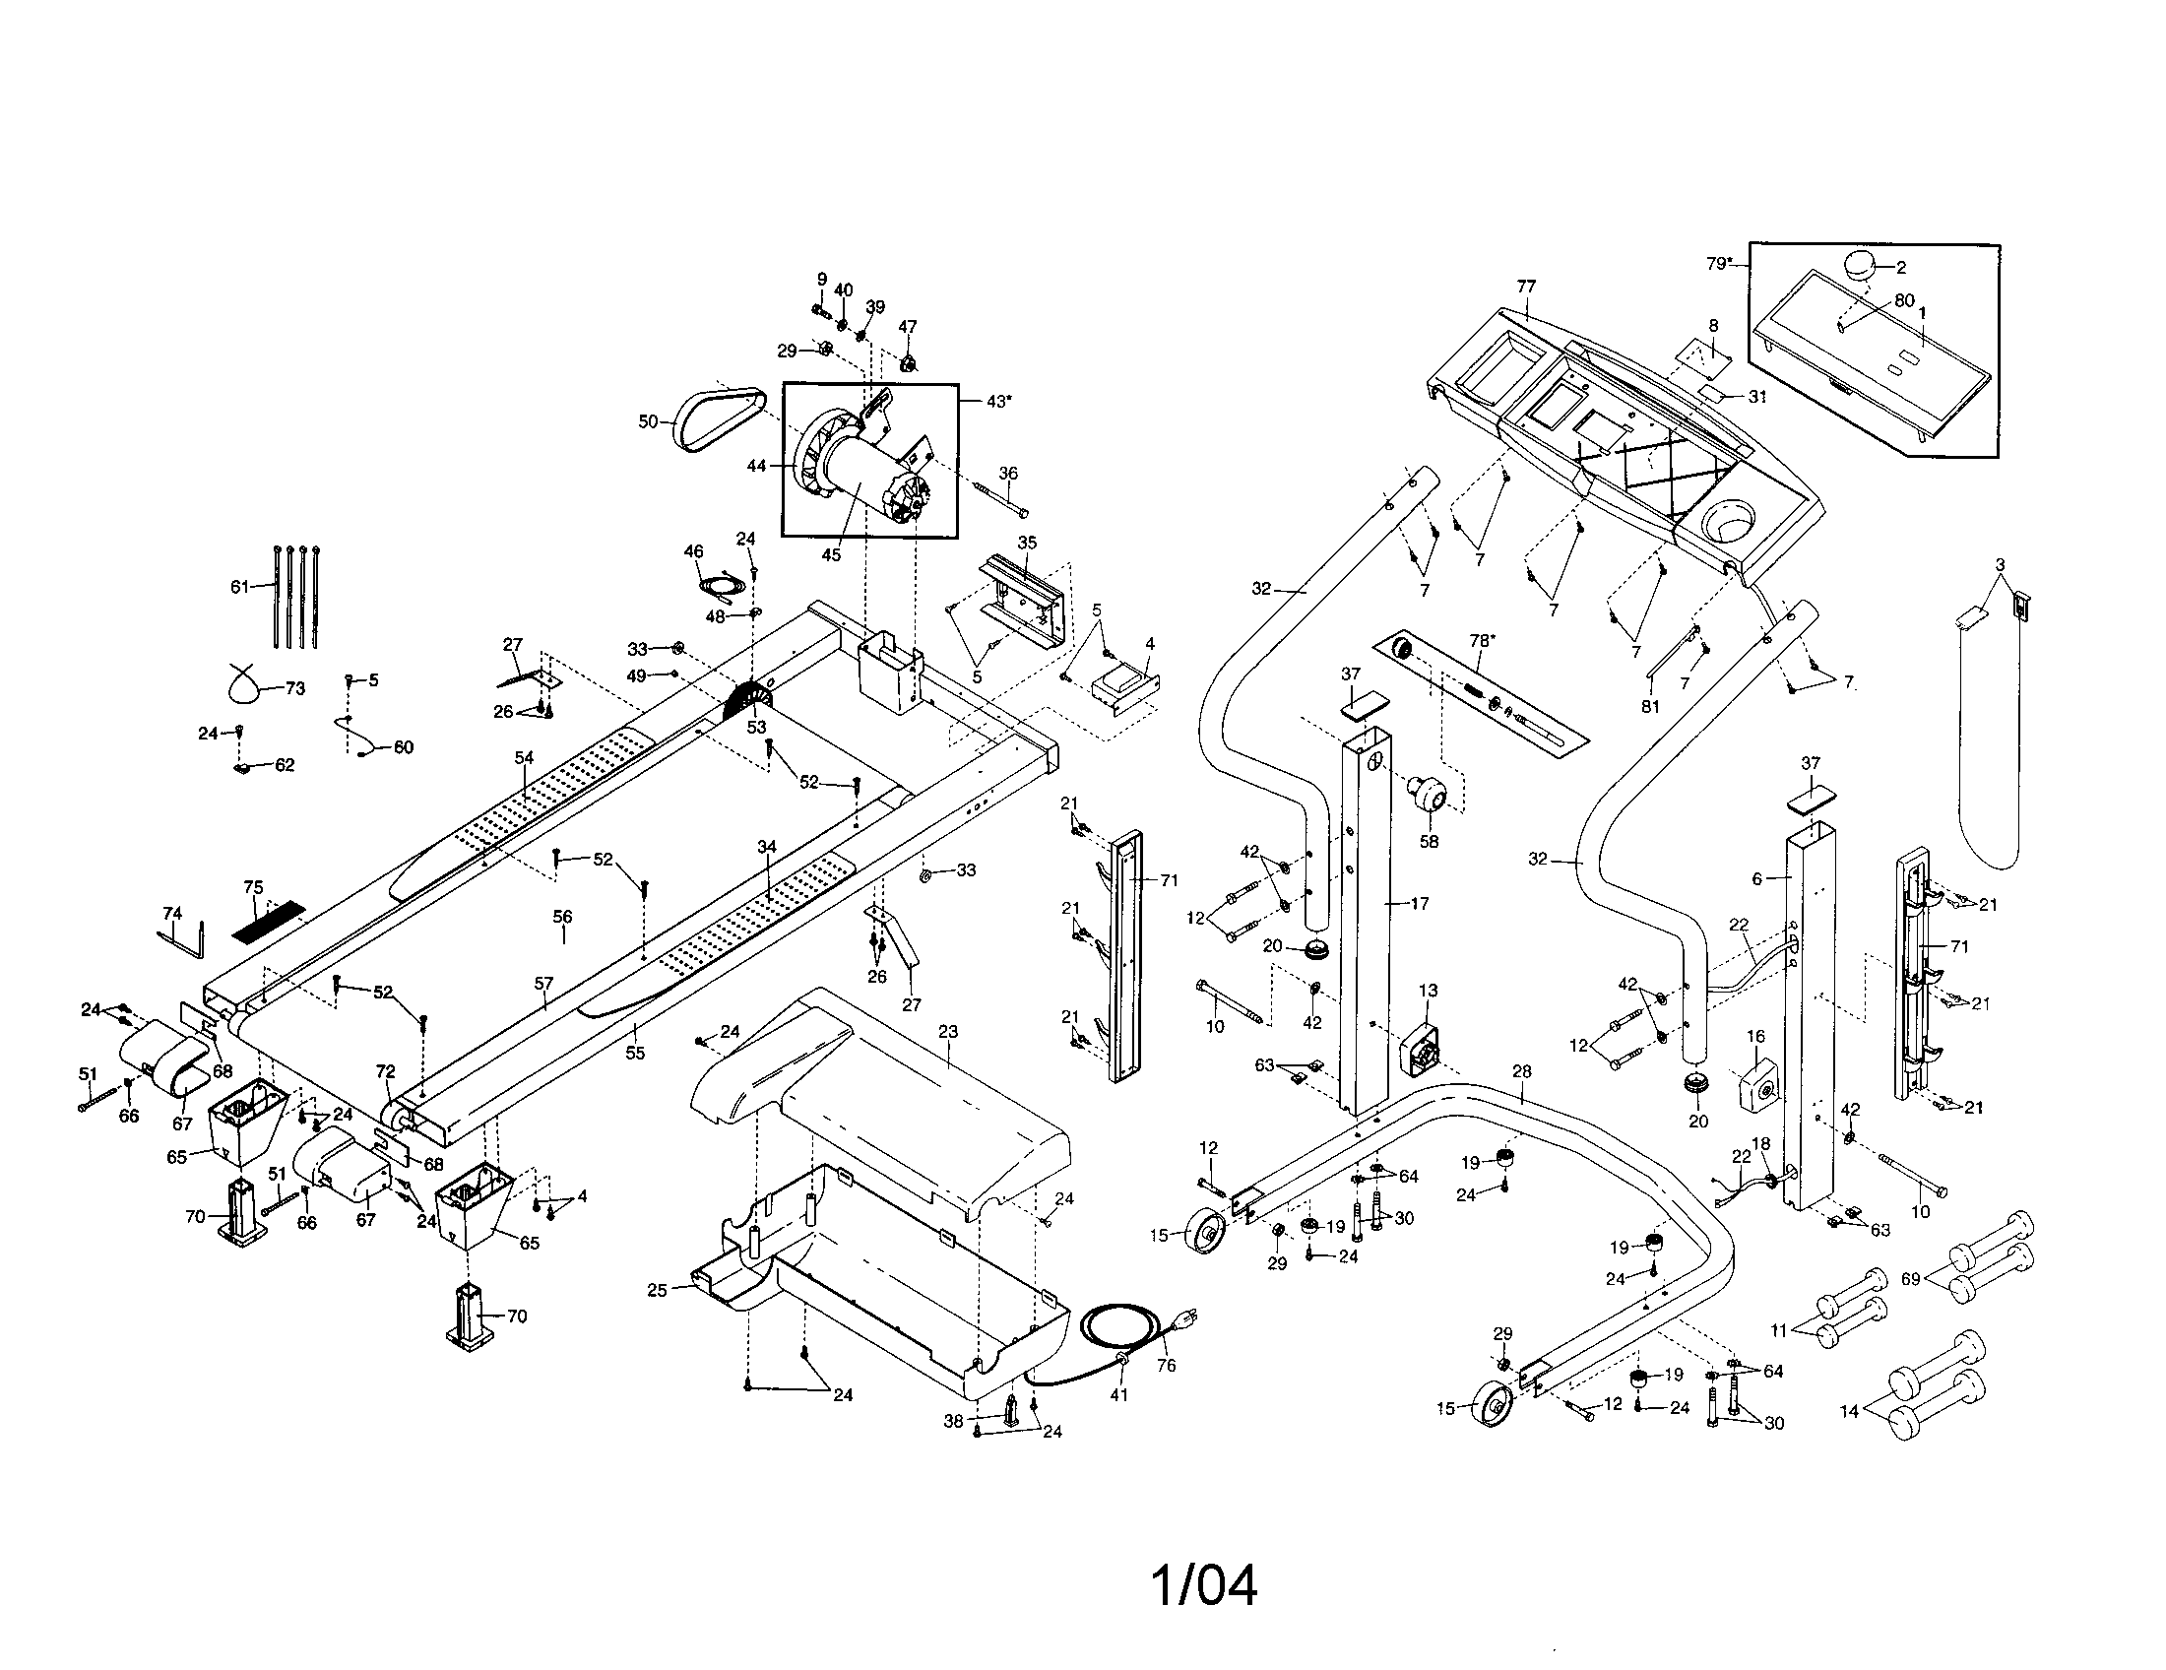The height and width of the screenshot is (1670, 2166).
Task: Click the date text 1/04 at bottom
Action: coord(1204,1585)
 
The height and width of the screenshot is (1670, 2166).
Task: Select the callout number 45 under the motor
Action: coord(831,555)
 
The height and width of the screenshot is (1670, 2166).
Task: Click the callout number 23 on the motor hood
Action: coord(948,1031)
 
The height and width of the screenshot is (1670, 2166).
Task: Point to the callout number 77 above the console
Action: coord(1526,287)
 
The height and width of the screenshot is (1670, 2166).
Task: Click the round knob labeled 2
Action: coord(1862,267)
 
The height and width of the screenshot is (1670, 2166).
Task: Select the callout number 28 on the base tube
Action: coord(1522,1071)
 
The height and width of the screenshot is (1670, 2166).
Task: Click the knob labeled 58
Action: coord(1430,795)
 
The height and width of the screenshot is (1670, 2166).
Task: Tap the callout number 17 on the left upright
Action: coord(1419,903)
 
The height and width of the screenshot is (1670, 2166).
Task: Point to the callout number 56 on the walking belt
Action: coord(562,917)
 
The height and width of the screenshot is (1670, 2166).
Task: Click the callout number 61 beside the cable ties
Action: coord(240,586)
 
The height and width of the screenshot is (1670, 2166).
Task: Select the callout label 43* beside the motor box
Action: coord(998,401)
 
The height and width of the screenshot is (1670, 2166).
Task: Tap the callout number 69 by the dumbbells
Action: coord(1911,1279)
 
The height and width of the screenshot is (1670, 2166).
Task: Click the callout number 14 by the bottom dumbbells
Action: coord(1850,1411)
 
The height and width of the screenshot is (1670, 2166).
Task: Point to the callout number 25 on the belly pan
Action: coord(657,1290)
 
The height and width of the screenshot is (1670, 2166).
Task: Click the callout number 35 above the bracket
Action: coord(1028,543)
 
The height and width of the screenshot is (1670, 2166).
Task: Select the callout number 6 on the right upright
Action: coord(1756,879)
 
